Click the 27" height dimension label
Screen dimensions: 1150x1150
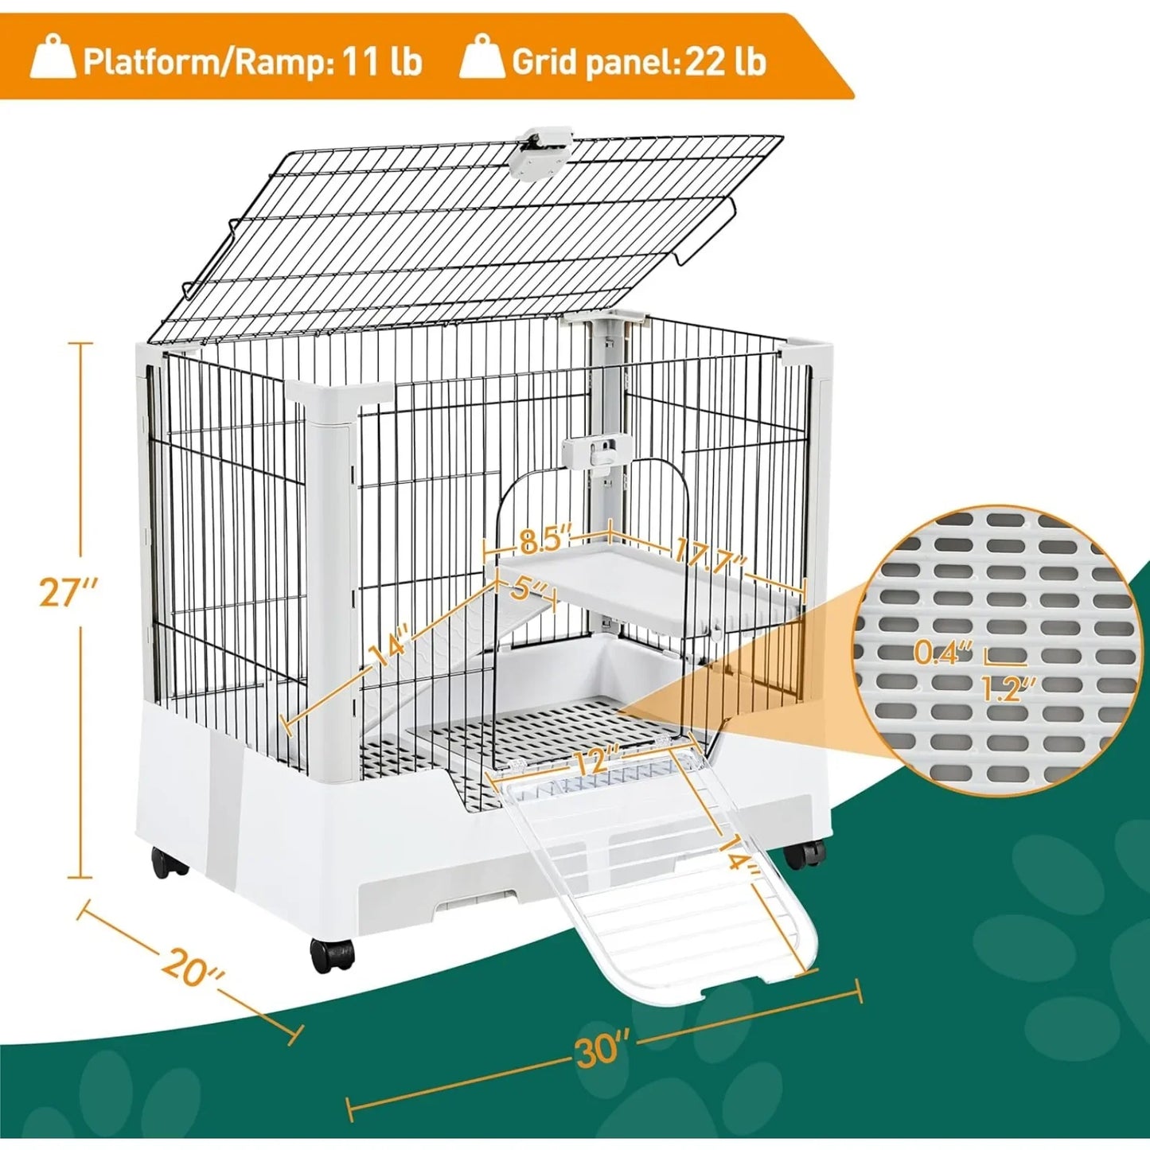click(x=68, y=592)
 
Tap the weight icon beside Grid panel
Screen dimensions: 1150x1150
click(x=482, y=57)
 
